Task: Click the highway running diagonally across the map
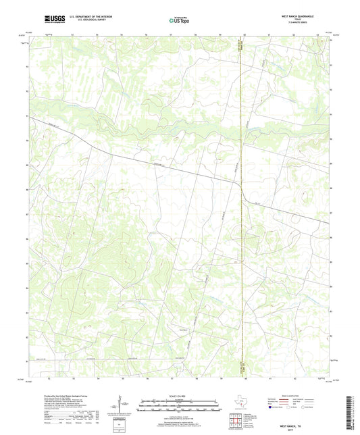pyautogui.click(x=169, y=168)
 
